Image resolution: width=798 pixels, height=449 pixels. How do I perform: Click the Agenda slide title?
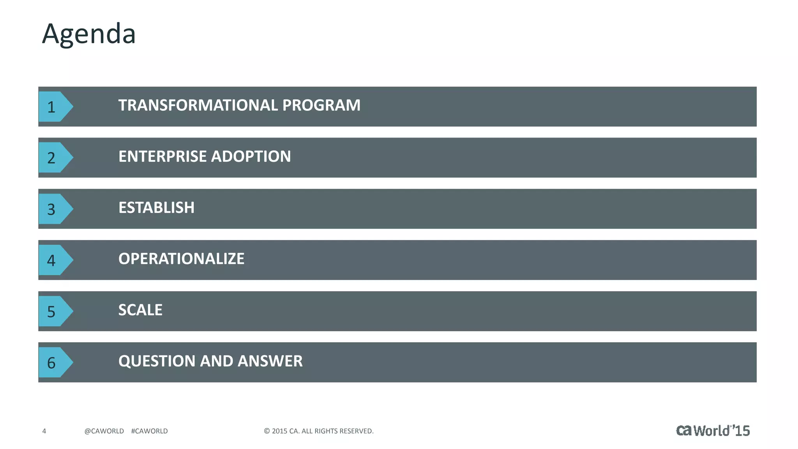pyautogui.click(x=89, y=34)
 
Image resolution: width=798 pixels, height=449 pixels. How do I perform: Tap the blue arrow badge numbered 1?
pyautogui.click(x=54, y=106)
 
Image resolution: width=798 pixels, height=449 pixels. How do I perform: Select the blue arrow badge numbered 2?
pyautogui.click(x=54, y=157)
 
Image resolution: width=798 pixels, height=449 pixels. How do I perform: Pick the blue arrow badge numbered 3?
pyautogui.click(x=54, y=209)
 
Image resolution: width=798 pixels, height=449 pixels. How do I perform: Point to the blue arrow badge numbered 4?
pyautogui.click(x=54, y=260)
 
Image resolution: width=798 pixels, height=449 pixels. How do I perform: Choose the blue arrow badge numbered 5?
pyautogui.click(x=54, y=311)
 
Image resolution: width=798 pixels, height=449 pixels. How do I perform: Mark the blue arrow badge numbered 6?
pyautogui.click(x=54, y=362)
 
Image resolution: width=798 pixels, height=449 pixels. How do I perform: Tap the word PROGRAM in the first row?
pyautogui.click(x=321, y=105)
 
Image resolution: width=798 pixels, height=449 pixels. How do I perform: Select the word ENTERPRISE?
pyautogui.click(x=162, y=156)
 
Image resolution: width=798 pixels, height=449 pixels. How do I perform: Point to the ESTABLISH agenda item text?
pyautogui.click(x=156, y=208)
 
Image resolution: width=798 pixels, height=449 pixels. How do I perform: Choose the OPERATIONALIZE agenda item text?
pyautogui.click(x=181, y=259)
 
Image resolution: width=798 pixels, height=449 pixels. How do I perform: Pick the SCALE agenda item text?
pyautogui.click(x=140, y=310)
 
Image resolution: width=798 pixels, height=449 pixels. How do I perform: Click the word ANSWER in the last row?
pyautogui.click(x=270, y=361)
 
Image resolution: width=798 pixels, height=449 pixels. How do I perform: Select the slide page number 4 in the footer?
pyautogui.click(x=44, y=431)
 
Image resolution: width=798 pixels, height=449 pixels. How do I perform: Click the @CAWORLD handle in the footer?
pyautogui.click(x=104, y=431)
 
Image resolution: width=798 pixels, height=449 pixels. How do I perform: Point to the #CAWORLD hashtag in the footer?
pyautogui.click(x=149, y=431)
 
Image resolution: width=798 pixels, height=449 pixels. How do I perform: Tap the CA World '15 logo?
pyautogui.click(x=713, y=430)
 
